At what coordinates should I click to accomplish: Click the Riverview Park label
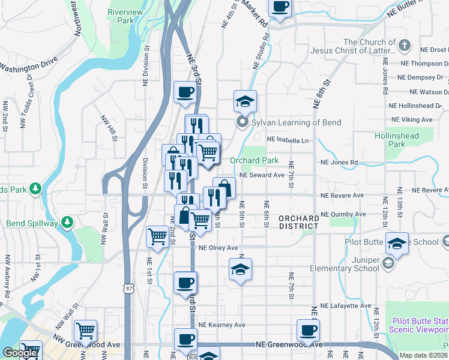125,16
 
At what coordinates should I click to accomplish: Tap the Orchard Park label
254,160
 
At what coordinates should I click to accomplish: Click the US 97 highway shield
128,289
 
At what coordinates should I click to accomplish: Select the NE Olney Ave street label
218,248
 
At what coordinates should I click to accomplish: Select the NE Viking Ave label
411,119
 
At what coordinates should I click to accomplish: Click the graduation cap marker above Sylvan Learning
245,101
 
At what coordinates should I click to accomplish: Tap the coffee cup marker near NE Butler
280,7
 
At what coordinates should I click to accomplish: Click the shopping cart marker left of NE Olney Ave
158,236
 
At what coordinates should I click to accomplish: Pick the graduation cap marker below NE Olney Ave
240,269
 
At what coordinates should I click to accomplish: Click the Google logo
20,353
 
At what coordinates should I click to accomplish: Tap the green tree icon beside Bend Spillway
67,223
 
